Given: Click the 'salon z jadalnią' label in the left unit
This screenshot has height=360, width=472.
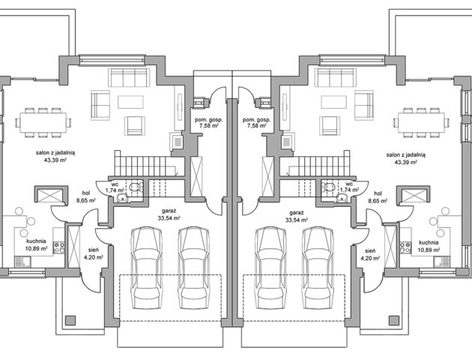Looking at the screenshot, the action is pyautogui.click(x=55, y=153).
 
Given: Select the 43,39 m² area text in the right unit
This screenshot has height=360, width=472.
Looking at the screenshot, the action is pyautogui.click(x=406, y=162).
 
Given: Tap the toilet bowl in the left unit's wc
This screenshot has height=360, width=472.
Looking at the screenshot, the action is pyautogui.click(x=134, y=187).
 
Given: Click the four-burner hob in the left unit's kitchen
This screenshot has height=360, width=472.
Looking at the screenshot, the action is pyautogui.click(x=58, y=247).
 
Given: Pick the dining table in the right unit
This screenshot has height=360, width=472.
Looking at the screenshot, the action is pyautogui.click(x=421, y=122).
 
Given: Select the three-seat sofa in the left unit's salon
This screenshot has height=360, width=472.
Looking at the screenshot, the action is pyautogui.click(x=129, y=77).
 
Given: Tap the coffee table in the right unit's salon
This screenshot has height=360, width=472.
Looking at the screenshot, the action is pyautogui.click(x=333, y=102).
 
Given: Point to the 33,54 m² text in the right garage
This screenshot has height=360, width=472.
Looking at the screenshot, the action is pyautogui.click(x=297, y=220).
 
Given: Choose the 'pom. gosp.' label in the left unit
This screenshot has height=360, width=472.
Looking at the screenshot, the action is pyautogui.click(x=208, y=120).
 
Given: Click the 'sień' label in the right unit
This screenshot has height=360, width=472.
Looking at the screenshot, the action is pyautogui.click(x=370, y=250).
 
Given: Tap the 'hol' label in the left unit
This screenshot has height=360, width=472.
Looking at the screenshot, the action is pyautogui.click(x=86, y=193).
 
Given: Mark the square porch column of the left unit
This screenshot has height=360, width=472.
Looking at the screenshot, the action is pyautogui.click(x=70, y=320).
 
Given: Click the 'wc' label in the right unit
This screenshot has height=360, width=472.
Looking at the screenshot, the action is pyautogui.click(x=349, y=184).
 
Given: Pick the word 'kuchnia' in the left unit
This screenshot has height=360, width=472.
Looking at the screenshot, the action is pyautogui.click(x=36, y=241).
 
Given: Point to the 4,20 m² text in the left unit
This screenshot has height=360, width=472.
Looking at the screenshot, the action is pyautogui.click(x=94, y=257).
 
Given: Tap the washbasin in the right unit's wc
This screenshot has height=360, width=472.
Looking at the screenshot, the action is pyautogui.click(x=341, y=198).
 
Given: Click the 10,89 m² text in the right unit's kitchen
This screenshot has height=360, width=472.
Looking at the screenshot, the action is pyautogui.click(x=429, y=250).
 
